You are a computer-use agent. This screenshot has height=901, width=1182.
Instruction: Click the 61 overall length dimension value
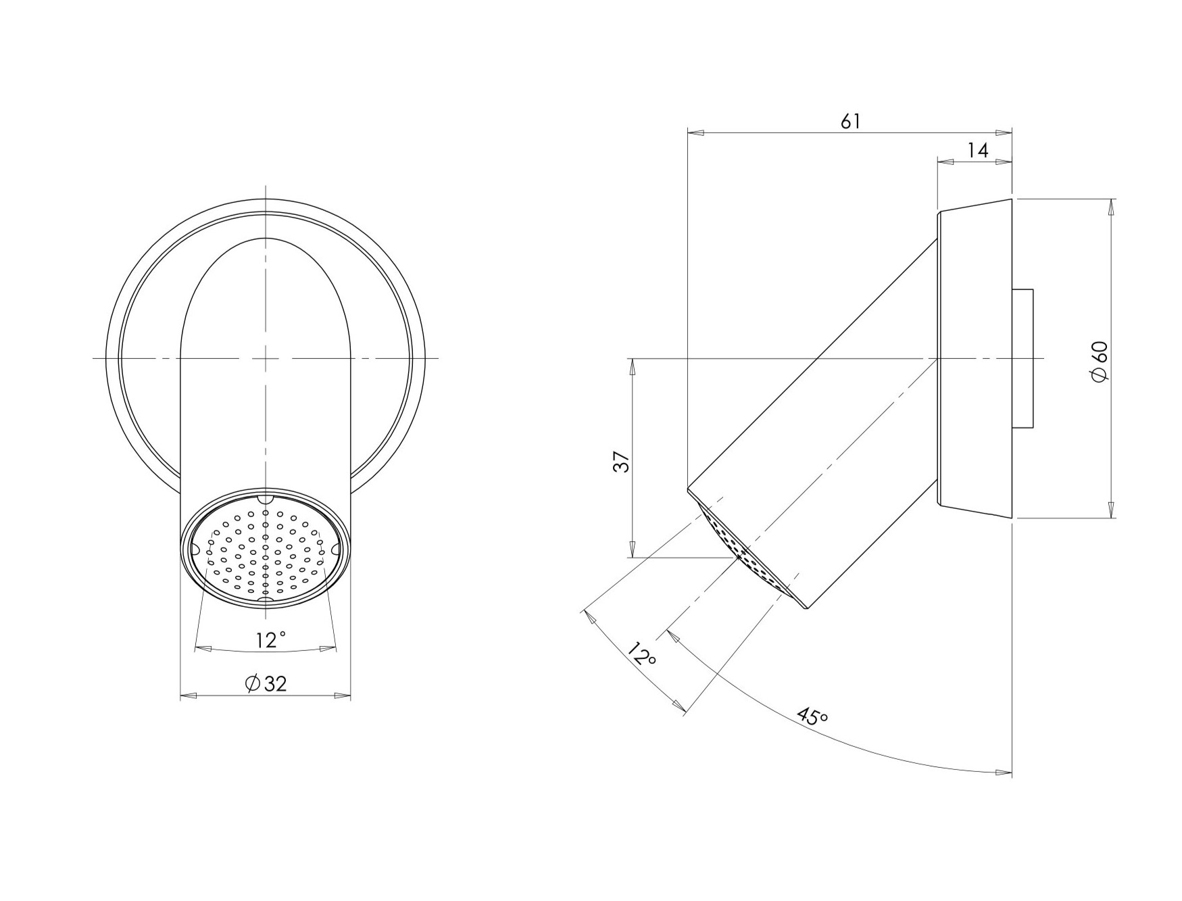[x=850, y=122]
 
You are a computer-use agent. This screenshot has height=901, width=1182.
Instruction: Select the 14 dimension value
[x=978, y=151]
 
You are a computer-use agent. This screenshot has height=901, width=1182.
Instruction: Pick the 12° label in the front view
[x=270, y=639]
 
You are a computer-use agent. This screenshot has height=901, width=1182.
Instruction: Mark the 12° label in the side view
[x=641, y=654]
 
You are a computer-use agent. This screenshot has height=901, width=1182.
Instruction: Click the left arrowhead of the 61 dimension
[x=695, y=133]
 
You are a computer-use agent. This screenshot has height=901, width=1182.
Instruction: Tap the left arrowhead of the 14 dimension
[x=945, y=162]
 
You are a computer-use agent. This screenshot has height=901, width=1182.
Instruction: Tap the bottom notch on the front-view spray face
[x=266, y=599]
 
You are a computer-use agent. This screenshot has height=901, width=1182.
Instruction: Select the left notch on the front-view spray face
[x=194, y=550]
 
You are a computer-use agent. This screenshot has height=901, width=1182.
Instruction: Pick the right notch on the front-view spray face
[x=337, y=550]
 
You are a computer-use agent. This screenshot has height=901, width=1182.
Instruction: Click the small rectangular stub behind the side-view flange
[x=1023, y=359]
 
